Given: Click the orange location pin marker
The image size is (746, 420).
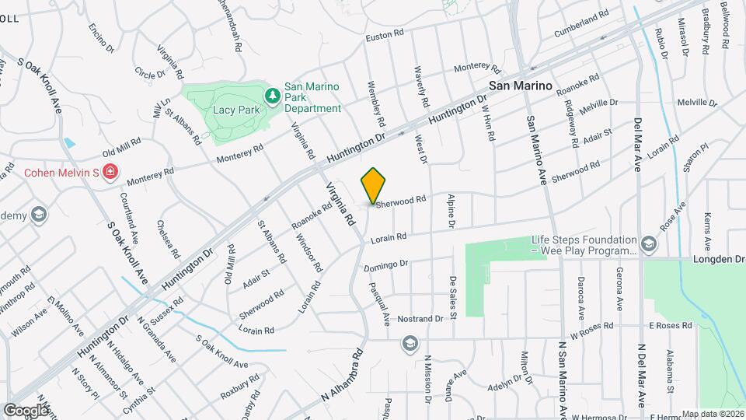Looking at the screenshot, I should (x=373, y=187).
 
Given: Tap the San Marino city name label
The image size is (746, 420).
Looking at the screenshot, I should (x=520, y=86).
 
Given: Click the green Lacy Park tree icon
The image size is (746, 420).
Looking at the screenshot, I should (x=273, y=96).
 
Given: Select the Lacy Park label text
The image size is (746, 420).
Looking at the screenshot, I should (x=237, y=110).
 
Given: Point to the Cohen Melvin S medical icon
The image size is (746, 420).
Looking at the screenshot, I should (x=111, y=172).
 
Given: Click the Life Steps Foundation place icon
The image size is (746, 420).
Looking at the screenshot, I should (x=648, y=245).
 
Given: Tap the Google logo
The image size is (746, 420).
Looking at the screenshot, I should (x=26, y=410).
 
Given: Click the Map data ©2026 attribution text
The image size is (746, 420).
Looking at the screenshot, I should (x=713, y=414).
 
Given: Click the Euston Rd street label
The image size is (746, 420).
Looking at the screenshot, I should (x=385, y=34).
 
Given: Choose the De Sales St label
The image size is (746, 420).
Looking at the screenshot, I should (x=452, y=296).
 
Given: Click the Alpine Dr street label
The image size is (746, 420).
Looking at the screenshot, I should (x=450, y=212).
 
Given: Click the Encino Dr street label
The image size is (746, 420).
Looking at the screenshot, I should (x=100, y=38).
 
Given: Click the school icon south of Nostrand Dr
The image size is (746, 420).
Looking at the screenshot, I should (x=409, y=343).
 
